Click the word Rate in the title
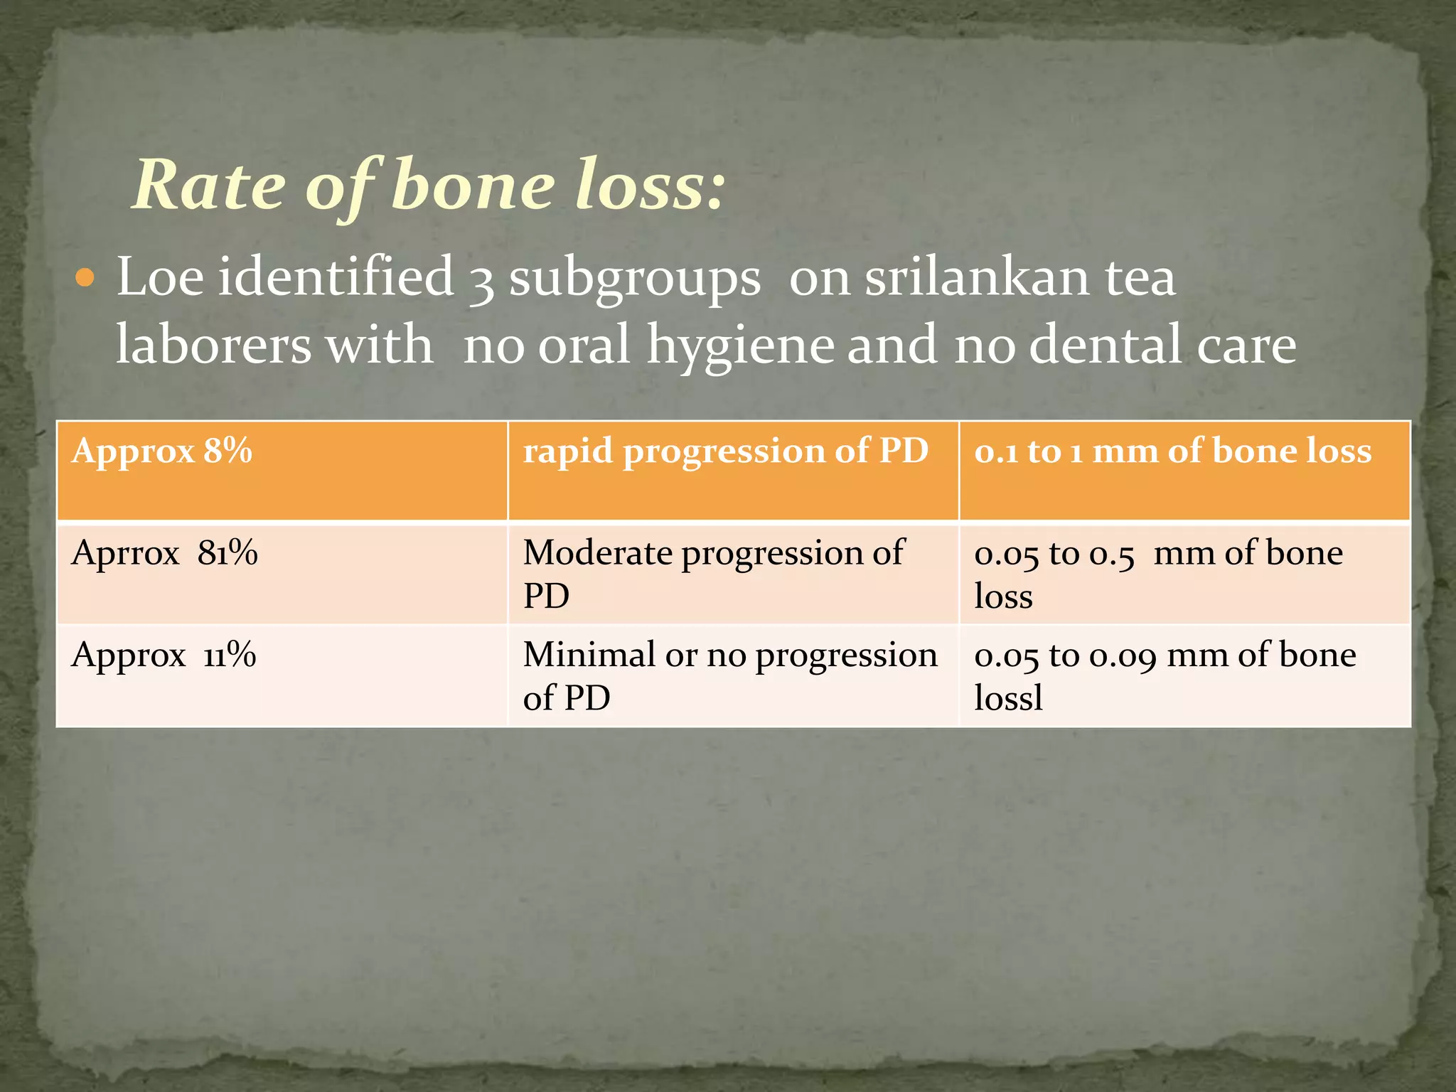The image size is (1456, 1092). click(x=210, y=186)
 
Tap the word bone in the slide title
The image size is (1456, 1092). click(x=473, y=186)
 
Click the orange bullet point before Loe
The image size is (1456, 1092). click(x=85, y=278)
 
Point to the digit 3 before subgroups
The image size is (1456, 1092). click(x=482, y=279)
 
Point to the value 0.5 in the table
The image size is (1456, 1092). click(x=1112, y=555)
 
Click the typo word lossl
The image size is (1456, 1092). click(x=1008, y=698)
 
